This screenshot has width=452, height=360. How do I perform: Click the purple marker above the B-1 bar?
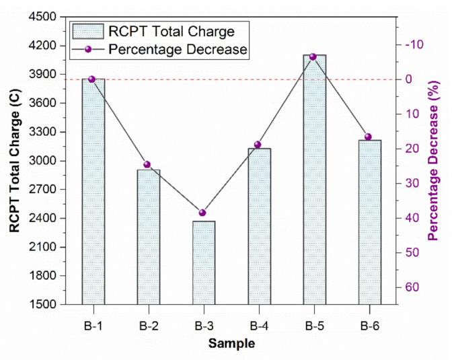coord(92,79)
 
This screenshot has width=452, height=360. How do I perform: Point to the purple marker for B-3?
coord(203,213)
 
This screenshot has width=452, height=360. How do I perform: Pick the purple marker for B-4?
coord(258,145)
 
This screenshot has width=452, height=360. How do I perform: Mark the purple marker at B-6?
coord(368,137)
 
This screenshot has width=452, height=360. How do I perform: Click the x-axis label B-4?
coord(259,326)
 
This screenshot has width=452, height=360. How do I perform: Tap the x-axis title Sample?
coord(231,345)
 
